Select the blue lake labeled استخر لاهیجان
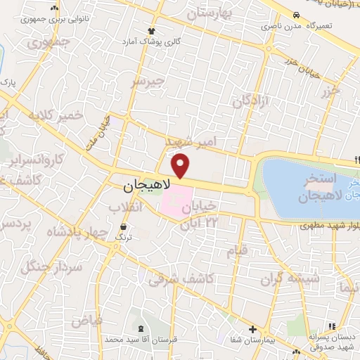[x=309, y=186]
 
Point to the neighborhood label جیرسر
[x=148, y=82]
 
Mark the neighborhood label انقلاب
[x=127, y=207]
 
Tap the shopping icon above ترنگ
[x=124, y=227]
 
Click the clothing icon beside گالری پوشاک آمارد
[x=151, y=31]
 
